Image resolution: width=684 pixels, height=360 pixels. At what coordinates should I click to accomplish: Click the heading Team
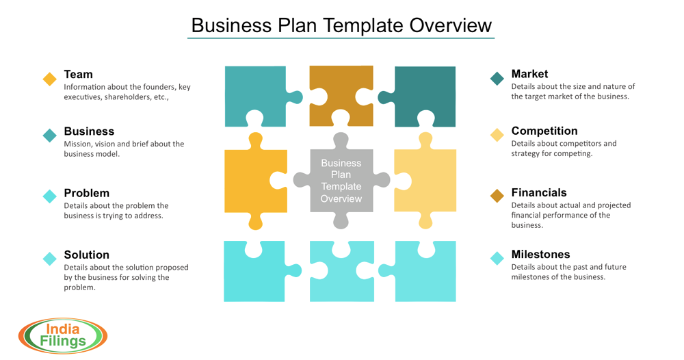(x=78, y=74)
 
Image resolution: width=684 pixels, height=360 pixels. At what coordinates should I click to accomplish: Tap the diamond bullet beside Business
(x=50, y=136)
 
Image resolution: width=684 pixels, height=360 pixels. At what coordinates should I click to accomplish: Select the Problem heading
(x=86, y=193)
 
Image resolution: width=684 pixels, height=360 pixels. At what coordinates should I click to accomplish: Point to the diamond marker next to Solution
(x=50, y=259)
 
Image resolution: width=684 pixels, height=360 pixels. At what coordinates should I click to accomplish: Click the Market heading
(x=529, y=74)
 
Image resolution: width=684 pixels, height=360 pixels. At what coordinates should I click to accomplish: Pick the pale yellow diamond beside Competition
(x=497, y=136)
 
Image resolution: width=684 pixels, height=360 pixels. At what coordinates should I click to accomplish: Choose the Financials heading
(x=539, y=193)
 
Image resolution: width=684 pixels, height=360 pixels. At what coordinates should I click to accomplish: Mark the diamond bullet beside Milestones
(x=497, y=258)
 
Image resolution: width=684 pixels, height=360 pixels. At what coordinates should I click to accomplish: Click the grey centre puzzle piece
(x=341, y=181)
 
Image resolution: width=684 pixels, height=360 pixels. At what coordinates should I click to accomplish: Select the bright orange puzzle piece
(x=254, y=180)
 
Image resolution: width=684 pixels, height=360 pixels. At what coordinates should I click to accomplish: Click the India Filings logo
(x=62, y=335)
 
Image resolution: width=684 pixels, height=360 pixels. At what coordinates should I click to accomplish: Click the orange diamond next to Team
(x=50, y=79)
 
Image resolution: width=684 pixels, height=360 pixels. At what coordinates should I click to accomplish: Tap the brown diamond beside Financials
(x=497, y=196)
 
